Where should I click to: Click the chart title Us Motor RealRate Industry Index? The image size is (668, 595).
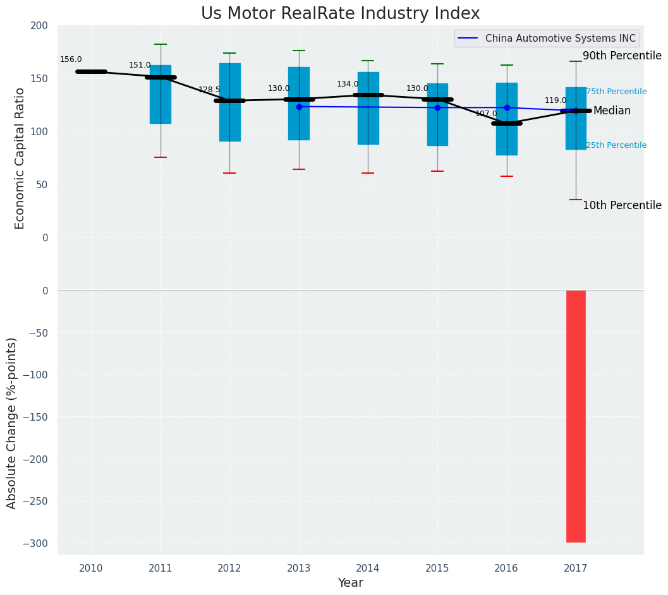coord(340,14)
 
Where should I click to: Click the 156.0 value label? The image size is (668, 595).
coord(71,59)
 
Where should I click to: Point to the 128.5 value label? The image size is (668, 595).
coord(209,90)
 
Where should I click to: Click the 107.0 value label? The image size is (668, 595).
coord(486,114)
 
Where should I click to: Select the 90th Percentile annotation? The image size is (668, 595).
coord(622,56)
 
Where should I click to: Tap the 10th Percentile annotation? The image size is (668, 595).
coord(622,206)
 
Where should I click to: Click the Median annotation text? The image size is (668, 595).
coord(612,111)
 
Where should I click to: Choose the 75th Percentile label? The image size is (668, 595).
coord(616,92)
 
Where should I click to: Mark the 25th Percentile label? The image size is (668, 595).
coord(616,145)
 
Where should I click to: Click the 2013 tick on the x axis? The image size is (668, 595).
coord(299,568)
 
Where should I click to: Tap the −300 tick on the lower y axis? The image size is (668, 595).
coord(35,543)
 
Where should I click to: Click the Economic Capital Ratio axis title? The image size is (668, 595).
coord(20,158)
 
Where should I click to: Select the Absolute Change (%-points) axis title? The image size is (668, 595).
coord(12,423)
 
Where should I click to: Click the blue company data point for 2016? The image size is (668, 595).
coord(507,108)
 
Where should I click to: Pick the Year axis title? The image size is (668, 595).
coord(350,583)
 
